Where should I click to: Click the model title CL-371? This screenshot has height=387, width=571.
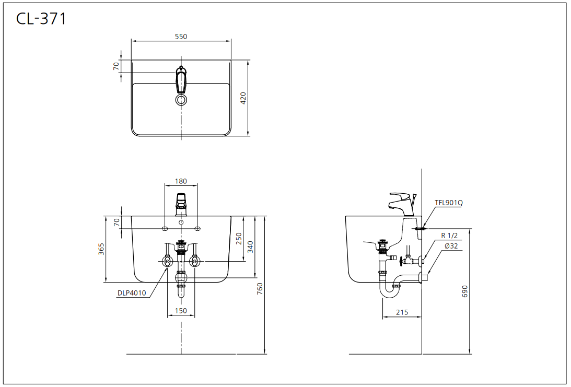pos(41,18)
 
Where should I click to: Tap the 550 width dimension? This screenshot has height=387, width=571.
pos(181,37)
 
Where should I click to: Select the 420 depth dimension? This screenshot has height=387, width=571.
pos(243,98)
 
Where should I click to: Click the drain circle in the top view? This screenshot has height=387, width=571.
pos(181,100)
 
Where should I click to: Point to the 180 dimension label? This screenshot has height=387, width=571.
pos(181,181)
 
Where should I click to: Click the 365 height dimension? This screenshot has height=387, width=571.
pos(101,249)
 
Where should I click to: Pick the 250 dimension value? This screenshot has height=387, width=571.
pos(239,239)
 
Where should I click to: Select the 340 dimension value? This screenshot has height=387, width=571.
pos(250,247)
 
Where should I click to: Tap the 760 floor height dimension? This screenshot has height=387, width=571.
pos(260,289)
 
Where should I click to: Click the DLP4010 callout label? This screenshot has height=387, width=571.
pos(132,293)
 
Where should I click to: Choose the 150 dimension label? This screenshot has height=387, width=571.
pos(181,311)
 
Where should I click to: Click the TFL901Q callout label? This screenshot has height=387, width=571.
pos(449,203)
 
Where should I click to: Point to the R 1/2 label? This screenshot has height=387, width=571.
pos(449,236)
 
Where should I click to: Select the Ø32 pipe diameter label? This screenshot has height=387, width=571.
pos(451,246)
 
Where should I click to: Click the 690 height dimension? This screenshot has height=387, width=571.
pos(465,291)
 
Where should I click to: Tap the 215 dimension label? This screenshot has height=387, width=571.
pos(402,312)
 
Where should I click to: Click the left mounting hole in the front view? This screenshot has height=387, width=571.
pos(165,228)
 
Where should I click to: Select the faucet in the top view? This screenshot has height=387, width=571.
pos(181,79)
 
